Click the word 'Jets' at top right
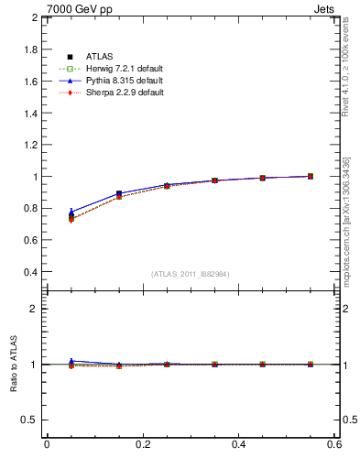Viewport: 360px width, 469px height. (327, 8)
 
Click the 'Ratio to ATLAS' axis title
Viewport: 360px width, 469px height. (14, 364)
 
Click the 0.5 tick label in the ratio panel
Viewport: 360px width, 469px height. (29, 420)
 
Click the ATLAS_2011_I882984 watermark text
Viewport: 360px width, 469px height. (191, 274)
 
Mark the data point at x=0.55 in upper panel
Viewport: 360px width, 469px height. (311, 176)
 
